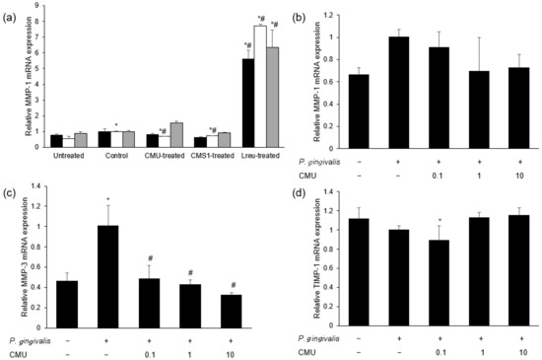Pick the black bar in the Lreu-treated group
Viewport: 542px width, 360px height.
point(247,103)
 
